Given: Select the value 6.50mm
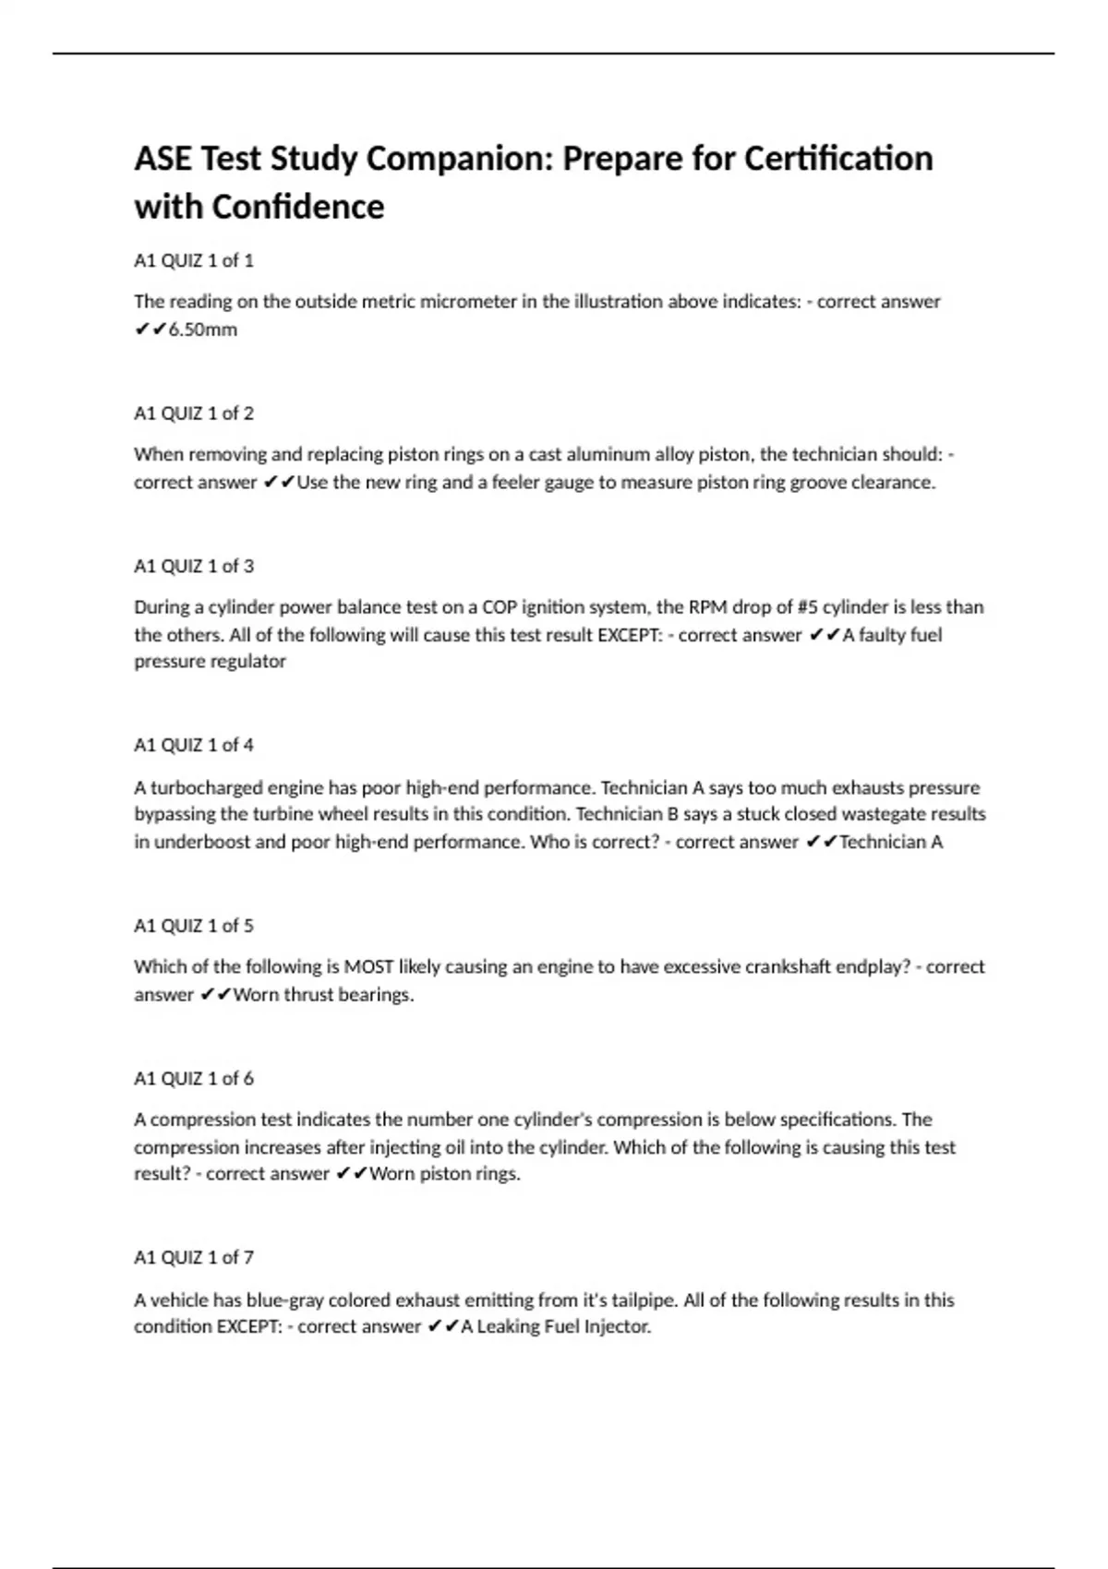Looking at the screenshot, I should point(203,329).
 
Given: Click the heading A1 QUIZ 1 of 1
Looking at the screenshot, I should point(194,260).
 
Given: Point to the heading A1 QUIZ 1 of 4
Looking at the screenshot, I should point(194,745).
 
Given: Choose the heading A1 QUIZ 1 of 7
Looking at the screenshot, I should point(194,1257).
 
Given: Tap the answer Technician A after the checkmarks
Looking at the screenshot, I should point(891,842).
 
